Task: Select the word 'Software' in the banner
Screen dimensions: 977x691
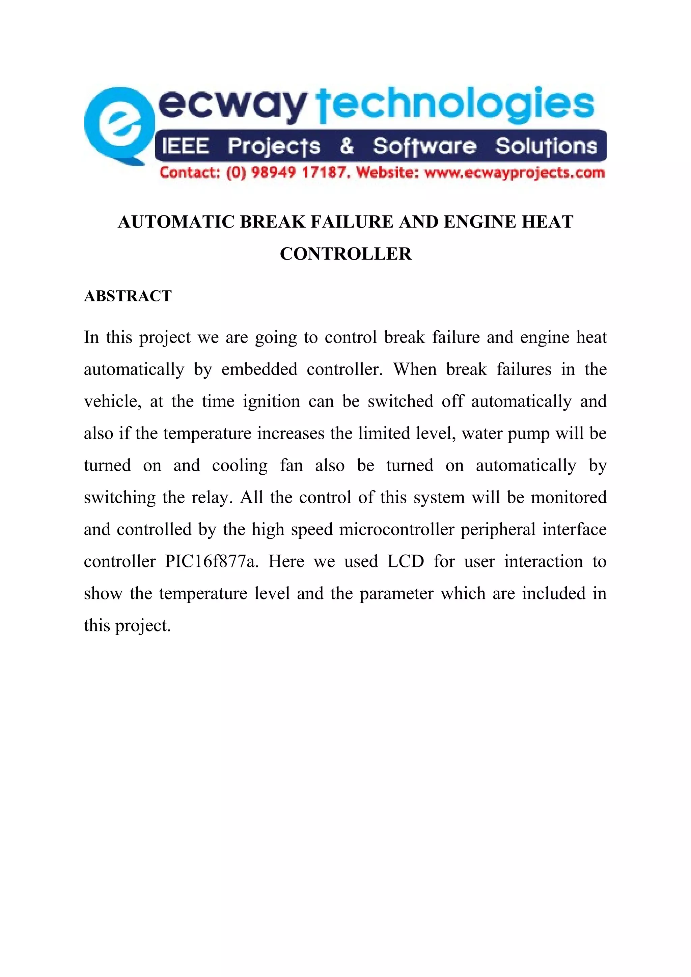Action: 424,146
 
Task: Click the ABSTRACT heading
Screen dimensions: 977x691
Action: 128,296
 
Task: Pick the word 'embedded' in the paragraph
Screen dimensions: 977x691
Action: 259,369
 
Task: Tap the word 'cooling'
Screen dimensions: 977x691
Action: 240,466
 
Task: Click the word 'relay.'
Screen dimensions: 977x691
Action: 212,498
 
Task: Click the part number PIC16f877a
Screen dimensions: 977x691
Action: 212,562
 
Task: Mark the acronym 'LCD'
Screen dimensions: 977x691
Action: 405,562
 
